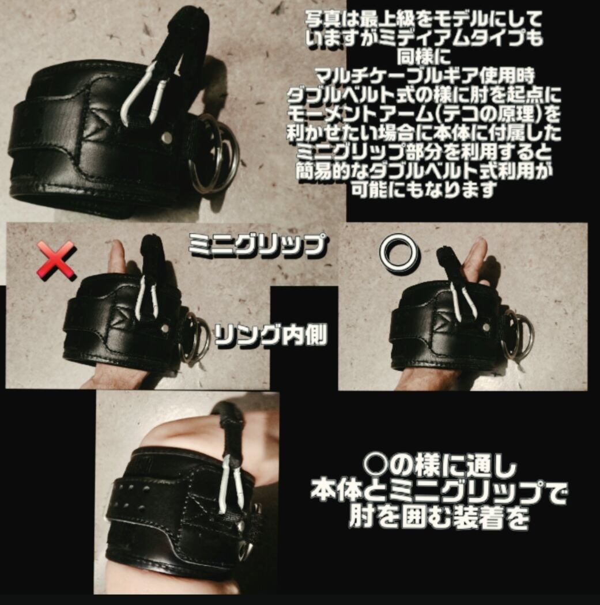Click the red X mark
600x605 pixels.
pos(56,260)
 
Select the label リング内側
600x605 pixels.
pos(270,335)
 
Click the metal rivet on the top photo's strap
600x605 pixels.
pos(167,137)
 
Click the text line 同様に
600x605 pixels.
pos(424,58)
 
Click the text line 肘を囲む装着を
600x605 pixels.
pos(439,517)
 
